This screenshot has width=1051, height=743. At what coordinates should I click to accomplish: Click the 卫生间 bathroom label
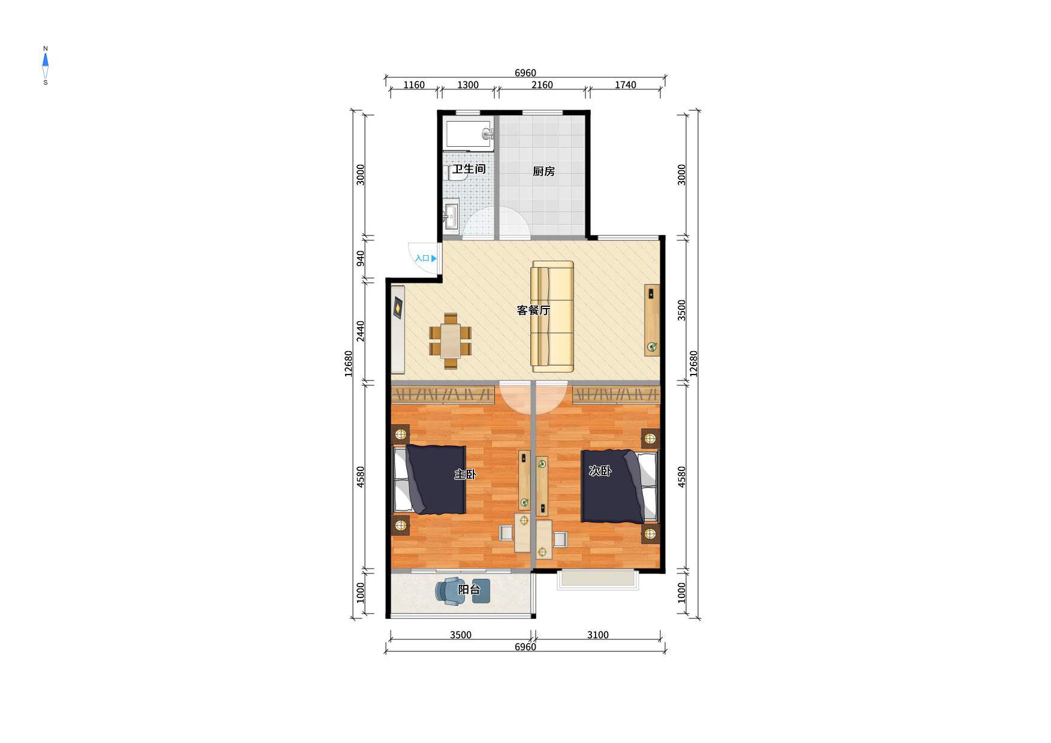(x=469, y=169)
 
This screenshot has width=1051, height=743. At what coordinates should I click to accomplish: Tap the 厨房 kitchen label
(x=543, y=171)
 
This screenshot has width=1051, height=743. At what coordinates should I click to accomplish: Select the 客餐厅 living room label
(x=533, y=310)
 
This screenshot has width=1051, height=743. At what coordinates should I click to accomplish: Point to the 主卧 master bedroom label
(x=465, y=475)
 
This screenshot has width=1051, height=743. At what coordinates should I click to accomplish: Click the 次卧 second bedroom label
(x=600, y=471)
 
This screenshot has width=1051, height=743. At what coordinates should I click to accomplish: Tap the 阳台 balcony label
(x=469, y=590)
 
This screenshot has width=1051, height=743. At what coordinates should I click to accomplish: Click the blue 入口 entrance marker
(x=425, y=258)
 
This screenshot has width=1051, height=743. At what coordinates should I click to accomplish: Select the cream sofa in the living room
(x=552, y=316)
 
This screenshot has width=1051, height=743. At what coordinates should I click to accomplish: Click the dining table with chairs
(x=450, y=341)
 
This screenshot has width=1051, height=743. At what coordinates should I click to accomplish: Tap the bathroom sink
(x=451, y=215)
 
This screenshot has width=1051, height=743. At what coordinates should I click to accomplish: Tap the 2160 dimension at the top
(x=542, y=85)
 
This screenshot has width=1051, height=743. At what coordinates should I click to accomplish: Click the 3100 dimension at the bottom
(x=597, y=635)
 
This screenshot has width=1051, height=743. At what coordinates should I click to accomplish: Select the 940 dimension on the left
(x=361, y=258)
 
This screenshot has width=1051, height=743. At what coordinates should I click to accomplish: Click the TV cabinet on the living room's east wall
(x=652, y=320)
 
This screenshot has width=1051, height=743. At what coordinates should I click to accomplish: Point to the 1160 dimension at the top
(x=413, y=85)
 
